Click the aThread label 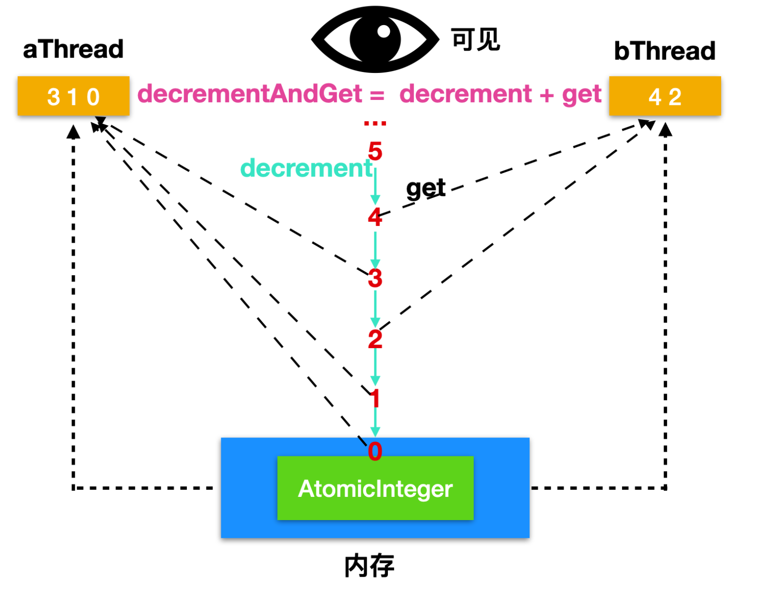point(73,49)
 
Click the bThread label point(664,51)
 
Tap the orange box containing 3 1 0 point(73,96)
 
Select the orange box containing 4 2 point(665,96)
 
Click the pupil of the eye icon point(375,40)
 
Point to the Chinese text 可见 point(476,39)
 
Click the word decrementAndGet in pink point(250,94)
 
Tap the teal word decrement point(306,168)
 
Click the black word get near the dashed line point(426,189)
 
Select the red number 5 point(375,151)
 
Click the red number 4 point(375,217)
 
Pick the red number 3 point(375,278)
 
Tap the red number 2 point(375,339)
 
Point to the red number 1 point(374,398)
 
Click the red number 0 point(375,451)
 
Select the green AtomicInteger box point(375,488)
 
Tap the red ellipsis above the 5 point(375,123)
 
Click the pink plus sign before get point(547,95)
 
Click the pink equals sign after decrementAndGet point(377,95)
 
